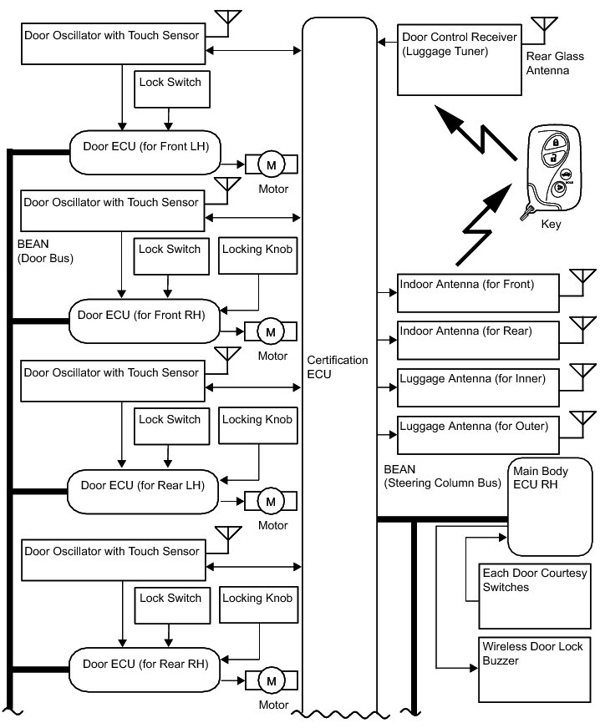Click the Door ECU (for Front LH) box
pos(145,152)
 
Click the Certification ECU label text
pos(338,367)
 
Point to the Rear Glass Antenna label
pos(548,64)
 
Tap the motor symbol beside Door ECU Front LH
pos(271,165)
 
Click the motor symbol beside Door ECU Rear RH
pos(271,682)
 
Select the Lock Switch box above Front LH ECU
pos(170,90)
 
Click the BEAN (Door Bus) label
pos(46,251)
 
